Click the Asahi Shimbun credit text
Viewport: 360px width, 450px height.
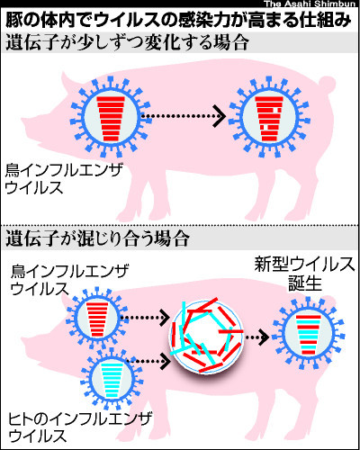[310, 4]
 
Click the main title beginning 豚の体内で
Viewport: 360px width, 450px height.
[178, 20]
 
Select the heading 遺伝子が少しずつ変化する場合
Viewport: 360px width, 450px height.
[127, 43]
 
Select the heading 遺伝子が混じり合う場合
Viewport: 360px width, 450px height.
[98, 238]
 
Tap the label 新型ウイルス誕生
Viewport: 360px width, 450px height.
[305, 274]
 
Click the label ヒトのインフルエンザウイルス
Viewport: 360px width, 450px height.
[80, 427]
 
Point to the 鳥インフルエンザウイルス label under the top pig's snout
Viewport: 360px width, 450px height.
[64, 179]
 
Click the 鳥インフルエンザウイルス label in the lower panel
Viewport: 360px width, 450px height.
[69, 280]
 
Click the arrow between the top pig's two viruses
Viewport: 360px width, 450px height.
[184, 116]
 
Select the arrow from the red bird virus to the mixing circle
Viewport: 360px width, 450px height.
[145, 317]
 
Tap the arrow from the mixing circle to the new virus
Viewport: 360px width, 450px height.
[257, 337]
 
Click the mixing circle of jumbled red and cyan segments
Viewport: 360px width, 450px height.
[207, 336]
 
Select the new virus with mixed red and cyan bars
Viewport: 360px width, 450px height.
[309, 333]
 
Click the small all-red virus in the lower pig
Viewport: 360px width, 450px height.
[96, 318]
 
